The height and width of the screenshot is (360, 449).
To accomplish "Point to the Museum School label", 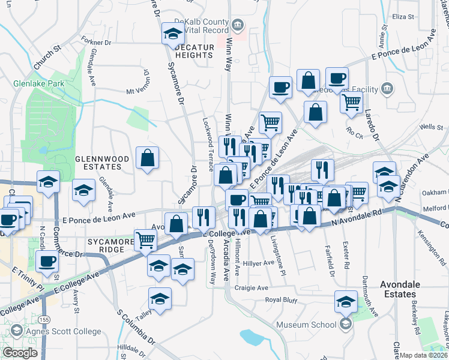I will [306, 325].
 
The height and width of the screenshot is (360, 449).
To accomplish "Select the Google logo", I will [19, 353].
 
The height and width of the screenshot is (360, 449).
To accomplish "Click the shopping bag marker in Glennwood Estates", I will [147, 159].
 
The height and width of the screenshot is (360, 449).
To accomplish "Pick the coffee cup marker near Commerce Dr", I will [47, 260].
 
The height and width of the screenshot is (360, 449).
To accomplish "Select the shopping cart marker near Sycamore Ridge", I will [146, 240].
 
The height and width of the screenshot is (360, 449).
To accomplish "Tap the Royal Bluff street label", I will [282, 299].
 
